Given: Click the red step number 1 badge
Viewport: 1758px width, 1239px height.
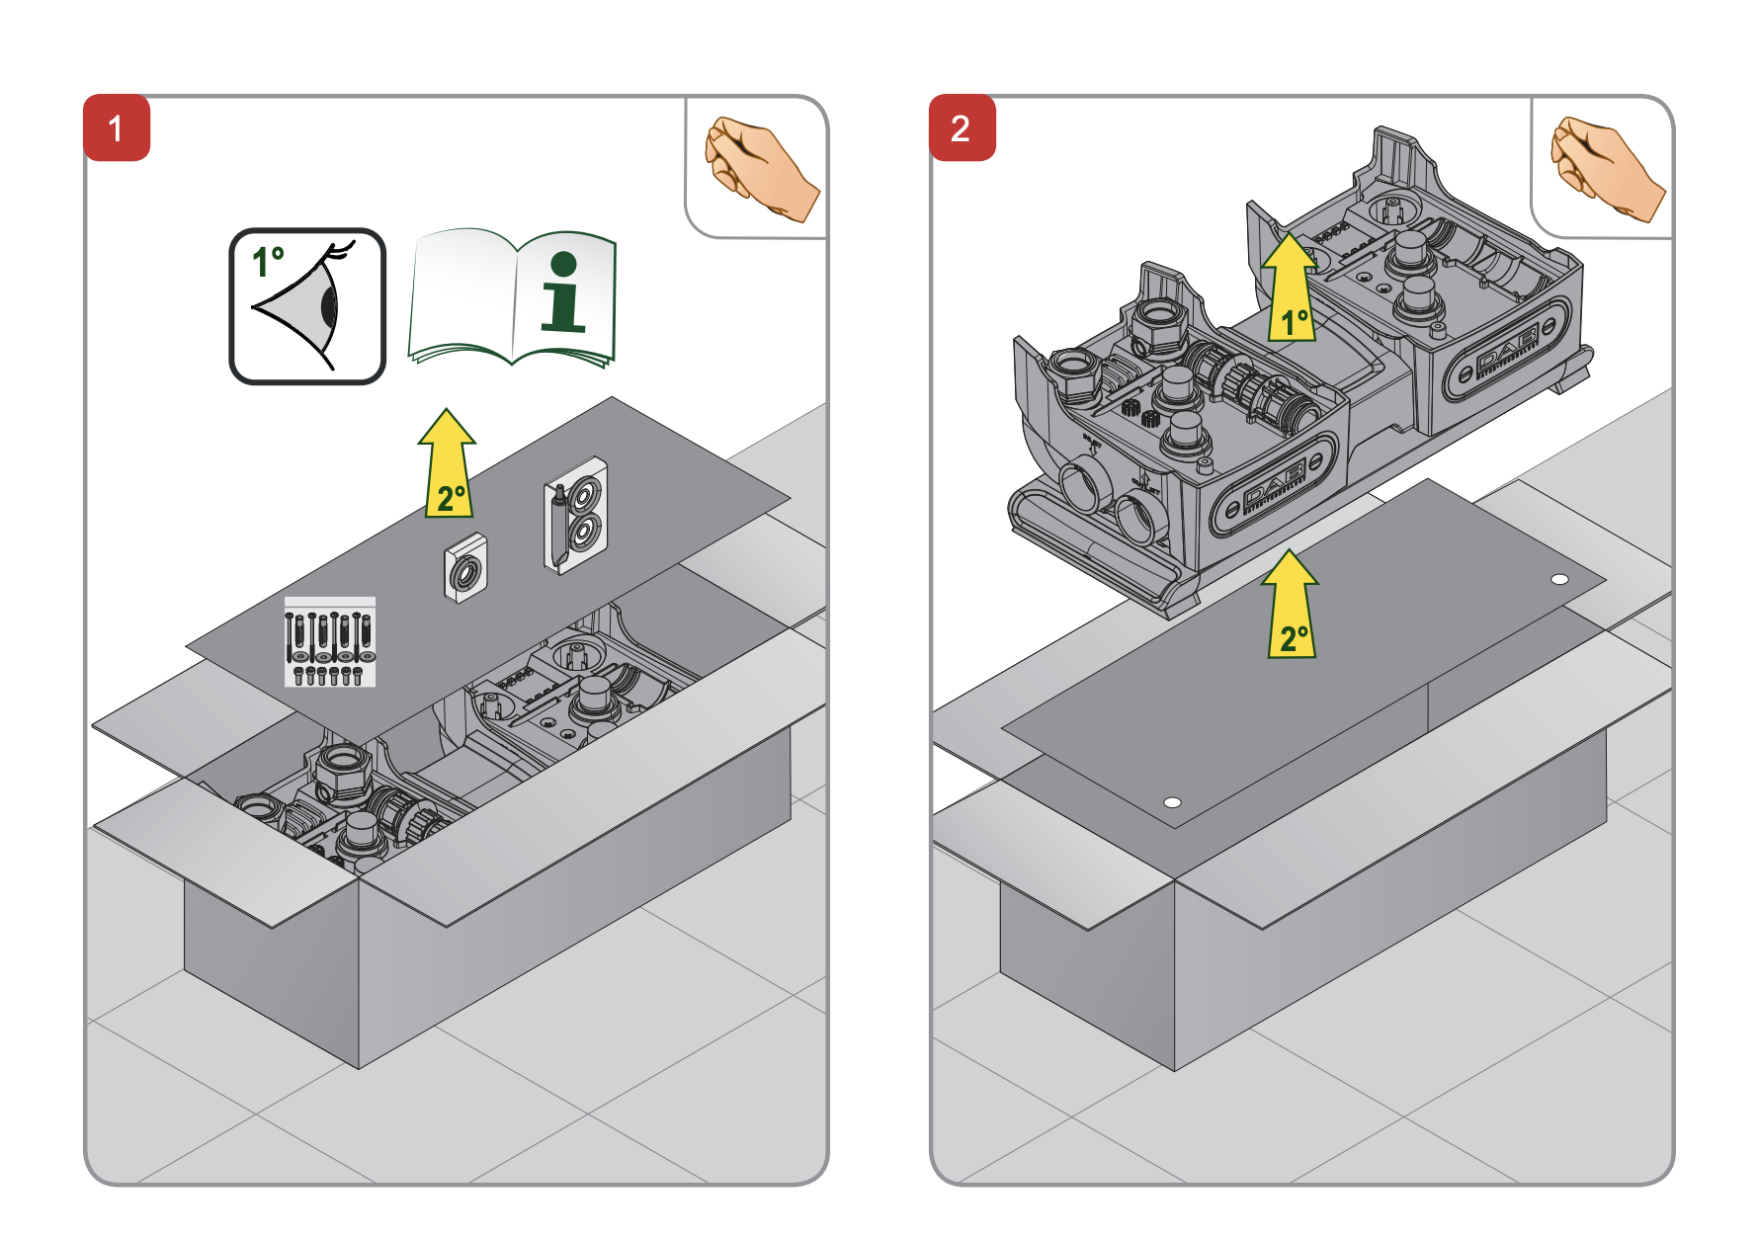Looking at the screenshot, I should (117, 127).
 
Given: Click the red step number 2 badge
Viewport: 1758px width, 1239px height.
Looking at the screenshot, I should (962, 127).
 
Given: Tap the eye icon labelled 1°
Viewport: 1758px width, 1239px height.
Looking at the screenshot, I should (307, 306).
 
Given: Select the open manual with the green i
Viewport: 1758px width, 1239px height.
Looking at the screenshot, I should (512, 297).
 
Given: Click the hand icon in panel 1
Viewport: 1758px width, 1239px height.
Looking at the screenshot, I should (759, 167).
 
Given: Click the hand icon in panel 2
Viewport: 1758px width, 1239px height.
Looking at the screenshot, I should (1605, 167).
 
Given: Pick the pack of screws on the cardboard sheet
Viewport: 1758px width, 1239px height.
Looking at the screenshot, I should (329, 641).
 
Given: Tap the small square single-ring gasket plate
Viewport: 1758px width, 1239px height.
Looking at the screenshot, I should (465, 568).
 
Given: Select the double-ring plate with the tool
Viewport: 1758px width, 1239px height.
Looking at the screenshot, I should (575, 514).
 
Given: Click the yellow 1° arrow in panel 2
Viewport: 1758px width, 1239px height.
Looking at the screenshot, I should (1290, 289).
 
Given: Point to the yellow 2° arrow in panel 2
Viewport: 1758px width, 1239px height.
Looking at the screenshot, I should (1291, 605).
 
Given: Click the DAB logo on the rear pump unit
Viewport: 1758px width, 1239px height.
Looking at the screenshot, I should (1506, 350).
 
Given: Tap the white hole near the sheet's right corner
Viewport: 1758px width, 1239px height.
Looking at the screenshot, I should (1559, 579).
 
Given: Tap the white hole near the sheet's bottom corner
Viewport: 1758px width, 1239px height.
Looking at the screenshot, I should (1172, 802).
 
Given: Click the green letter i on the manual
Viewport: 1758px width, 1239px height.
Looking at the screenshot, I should (563, 292).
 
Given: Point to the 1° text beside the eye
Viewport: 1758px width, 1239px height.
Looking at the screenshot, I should (268, 261).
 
